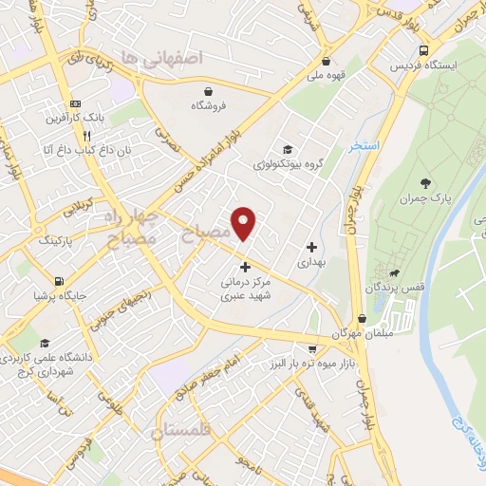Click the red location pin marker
tap(245, 222)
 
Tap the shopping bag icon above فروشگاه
tap(207, 91)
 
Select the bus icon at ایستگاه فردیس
tap(423, 51)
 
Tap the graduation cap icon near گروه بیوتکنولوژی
tap(288, 149)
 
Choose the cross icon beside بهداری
tap(311, 246)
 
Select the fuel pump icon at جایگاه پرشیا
tap(61, 281)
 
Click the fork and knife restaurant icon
tap(86, 136)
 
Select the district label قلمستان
tap(185, 432)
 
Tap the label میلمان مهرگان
tap(353, 336)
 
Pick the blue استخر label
tap(364, 145)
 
